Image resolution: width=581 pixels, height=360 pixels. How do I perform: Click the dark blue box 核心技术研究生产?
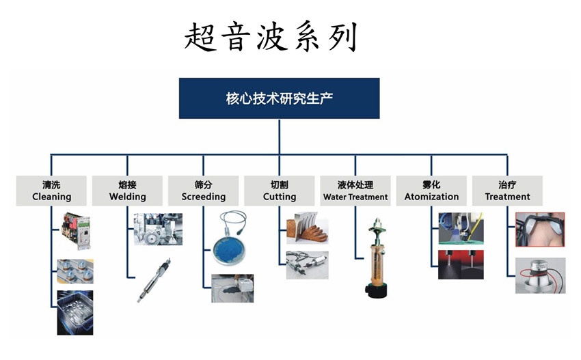(279, 98)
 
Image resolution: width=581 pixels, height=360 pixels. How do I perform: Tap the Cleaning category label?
(51, 191)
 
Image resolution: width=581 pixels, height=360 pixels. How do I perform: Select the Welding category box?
(127, 191)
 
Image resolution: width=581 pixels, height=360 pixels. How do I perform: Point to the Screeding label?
(203, 191)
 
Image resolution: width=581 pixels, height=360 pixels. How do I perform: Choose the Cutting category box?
(280, 191)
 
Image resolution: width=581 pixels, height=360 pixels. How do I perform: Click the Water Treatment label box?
(355, 191)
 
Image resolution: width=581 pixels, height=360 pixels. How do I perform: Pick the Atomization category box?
(431, 191)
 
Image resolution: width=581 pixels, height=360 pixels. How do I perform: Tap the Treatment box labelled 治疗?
(507, 191)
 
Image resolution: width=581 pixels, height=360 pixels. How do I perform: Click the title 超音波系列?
(271, 36)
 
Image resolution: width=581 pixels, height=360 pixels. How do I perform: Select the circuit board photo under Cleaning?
(76, 231)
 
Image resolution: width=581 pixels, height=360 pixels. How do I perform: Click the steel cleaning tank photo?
(75, 313)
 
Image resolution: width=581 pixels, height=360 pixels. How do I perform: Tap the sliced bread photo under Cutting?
(307, 227)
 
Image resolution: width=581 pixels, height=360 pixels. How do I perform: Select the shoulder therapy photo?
(540, 230)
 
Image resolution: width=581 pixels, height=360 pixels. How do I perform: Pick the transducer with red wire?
(540, 275)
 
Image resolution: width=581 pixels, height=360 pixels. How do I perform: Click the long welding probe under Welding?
(154, 280)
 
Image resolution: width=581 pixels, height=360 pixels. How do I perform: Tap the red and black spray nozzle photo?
(461, 264)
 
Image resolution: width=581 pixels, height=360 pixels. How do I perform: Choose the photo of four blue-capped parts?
(75, 271)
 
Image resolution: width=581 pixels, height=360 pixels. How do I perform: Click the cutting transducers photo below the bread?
(307, 265)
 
